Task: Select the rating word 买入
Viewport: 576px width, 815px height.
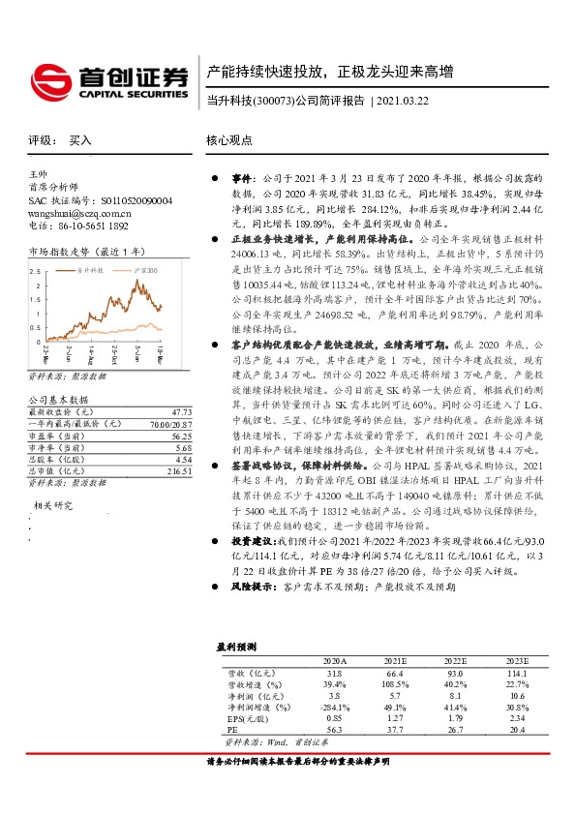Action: coord(80,140)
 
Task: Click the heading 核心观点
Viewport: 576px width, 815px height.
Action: coord(229,140)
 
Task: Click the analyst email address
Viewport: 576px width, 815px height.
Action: coord(80,212)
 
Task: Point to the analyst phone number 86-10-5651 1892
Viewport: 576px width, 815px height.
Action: coord(91,225)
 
